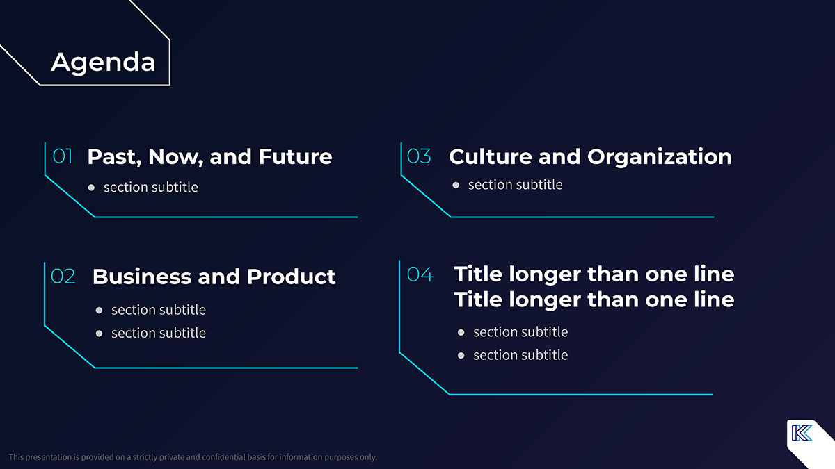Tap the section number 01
pyautogui.click(x=62, y=156)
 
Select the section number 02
pyautogui.click(x=63, y=277)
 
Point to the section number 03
pyautogui.click(x=419, y=156)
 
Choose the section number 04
pyautogui.click(x=420, y=274)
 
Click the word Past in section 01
pyautogui.click(x=114, y=157)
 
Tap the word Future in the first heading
pyautogui.click(x=295, y=157)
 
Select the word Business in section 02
pyautogui.click(x=142, y=277)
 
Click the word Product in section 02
pyautogui.click(x=291, y=277)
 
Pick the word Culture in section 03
pyautogui.click(x=491, y=157)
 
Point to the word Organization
pyautogui.click(x=660, y=157)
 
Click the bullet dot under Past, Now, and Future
pyautogui.click(x=91, y=188)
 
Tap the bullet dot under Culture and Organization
pyautogui.click(x=456, y=185)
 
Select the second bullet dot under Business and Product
pyautogui.click(x=99, y=334)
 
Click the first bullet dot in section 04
pyautogui.click(x=461, y=332)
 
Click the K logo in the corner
pyautogui.click(x=802, y=433)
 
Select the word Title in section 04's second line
pyautogui.click(x=479, y=299)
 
